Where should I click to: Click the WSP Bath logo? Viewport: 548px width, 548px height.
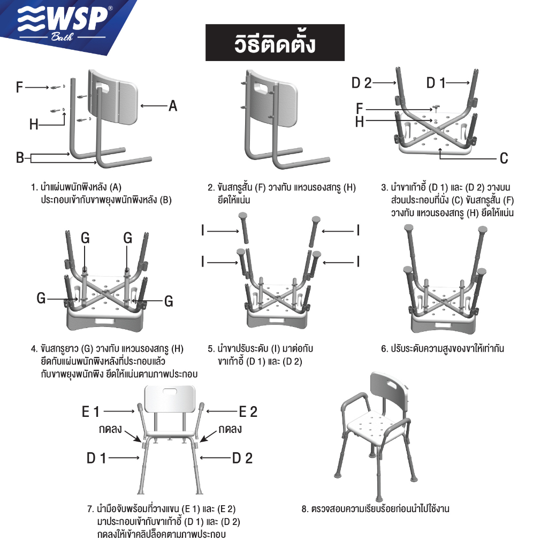(x=65, y=22)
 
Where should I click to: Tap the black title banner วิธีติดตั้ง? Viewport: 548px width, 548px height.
(x=275, y=43)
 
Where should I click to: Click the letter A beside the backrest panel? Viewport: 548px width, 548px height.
(x=173, y=106)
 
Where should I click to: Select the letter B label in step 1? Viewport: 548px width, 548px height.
(x=20, y=158)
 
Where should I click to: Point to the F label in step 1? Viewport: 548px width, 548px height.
(x=20, y=87)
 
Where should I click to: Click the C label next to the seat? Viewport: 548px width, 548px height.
(x=504, y=158)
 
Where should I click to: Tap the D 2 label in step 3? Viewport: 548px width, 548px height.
(x=361, y=83)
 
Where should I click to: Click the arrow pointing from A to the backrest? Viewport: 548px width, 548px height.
(x=154, y=106)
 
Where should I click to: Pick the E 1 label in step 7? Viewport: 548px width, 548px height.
(x=91, y=412)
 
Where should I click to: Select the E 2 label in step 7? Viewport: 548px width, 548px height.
(x=248, y=412)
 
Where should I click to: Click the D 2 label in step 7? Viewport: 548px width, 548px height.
(x=242, y=458)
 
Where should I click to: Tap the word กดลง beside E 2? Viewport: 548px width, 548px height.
(x=230, y=429)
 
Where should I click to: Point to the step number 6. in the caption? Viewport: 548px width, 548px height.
(x=384, y=349)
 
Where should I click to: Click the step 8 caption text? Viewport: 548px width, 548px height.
(x=375, y=508)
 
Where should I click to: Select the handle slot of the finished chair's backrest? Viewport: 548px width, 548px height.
(x=391, y=384)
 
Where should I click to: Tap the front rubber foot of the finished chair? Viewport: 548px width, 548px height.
(x=379, y=499)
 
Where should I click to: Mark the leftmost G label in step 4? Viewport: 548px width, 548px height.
(x=41, y=299)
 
